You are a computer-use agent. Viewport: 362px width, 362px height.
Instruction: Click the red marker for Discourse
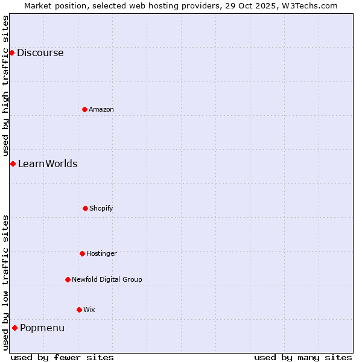[x=11, y=52]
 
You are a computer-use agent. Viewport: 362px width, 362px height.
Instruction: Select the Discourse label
[x=40, y=52]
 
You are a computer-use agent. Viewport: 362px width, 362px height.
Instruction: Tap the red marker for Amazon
[x=84, y=109]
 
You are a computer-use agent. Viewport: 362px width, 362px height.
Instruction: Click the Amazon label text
[x=101, y=109]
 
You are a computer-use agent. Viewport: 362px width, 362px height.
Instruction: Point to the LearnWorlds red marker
[x=13, y=164]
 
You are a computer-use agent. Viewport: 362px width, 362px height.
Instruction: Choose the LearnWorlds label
[x=48, y=164]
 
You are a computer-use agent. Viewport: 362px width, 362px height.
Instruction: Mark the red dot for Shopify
[x=85, y=208]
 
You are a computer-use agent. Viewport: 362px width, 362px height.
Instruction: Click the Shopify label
[x=101, y=208]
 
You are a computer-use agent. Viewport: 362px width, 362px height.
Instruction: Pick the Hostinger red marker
[x=82, y=253]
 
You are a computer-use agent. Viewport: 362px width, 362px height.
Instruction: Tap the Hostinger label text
[x=101, y=253]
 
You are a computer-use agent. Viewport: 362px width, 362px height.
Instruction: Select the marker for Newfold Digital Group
[x=68, y=279]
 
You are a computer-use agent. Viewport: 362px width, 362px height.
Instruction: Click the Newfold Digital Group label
[x=107, y=279]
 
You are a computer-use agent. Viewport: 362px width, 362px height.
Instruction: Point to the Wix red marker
[x=79, y=310]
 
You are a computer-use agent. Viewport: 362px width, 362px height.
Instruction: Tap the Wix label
[x=89, y=310]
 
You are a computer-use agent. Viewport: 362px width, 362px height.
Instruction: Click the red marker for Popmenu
[x=14, y=328]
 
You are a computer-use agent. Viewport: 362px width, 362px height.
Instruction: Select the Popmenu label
[x=42, y=328]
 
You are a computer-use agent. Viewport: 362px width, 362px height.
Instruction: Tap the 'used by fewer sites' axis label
[x=62, y=357]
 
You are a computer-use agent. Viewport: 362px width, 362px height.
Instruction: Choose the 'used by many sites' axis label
[x=303, y=357]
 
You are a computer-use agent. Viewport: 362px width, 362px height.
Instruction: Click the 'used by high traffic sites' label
[x=5, y=86]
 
